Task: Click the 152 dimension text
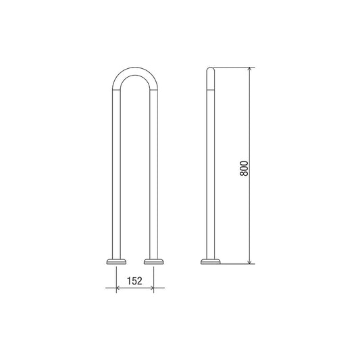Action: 134,280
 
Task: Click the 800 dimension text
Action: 245,168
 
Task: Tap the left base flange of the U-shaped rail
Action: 116,260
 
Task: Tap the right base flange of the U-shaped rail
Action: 153,260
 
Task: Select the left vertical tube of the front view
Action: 116,169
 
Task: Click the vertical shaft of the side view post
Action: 210,169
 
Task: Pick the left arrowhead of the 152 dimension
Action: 119,288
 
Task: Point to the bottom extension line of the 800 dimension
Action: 236,263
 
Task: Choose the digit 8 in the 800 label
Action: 245,175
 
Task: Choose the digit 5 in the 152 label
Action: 134,280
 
